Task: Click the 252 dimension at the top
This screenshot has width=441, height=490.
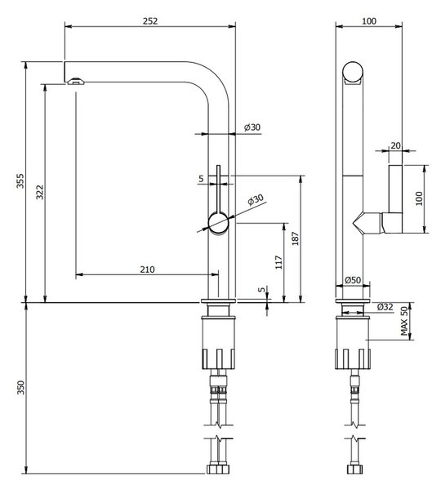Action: coord(150,21)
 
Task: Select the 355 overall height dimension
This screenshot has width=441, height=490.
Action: coord(20,180)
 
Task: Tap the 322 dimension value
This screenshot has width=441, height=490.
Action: coord(40,192)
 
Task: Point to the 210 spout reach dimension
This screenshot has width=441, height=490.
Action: coord(147,269)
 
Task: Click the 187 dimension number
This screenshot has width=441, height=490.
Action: coord(296,238)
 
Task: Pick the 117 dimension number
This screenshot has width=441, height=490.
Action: coord(278,262)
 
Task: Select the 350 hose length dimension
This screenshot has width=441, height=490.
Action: coord(20,387)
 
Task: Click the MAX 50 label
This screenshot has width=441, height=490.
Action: coord(405,321)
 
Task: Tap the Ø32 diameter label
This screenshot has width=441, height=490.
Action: coord(385,307)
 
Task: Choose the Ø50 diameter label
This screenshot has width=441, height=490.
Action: coord(353,280)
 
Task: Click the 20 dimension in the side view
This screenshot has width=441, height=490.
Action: coord(396,145)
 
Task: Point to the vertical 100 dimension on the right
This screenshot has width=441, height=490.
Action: coord(419,198)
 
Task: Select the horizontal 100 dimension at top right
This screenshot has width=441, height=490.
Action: coord(369,21)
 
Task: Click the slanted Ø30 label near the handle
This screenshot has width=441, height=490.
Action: coord(256,199)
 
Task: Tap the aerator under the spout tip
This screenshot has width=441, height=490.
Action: coord(76,81)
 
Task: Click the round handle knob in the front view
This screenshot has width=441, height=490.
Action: coord(219,222)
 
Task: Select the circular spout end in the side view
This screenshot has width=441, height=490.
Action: coord(353,72)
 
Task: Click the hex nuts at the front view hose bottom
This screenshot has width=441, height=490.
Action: coord(218,469)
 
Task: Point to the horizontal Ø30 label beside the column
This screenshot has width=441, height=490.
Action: coord(252,127)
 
